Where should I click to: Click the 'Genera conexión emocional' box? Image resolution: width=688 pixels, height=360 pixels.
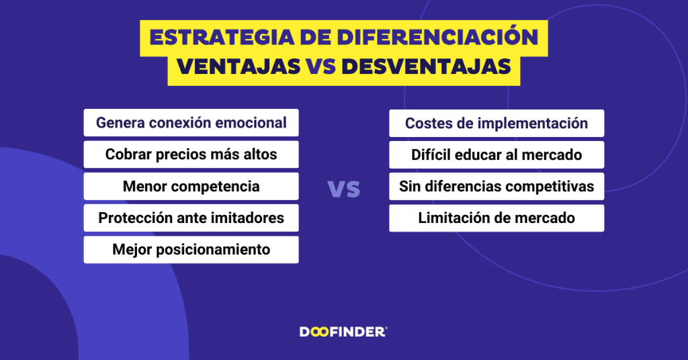click(191, 123)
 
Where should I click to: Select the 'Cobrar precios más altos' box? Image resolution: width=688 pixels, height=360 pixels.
click(191, 154)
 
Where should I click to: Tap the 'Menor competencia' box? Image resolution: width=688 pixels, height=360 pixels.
click(191, 186)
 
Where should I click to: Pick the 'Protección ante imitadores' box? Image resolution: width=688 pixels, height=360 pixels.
click(191, 218)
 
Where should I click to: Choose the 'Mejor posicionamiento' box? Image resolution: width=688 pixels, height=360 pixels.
click(191, 249)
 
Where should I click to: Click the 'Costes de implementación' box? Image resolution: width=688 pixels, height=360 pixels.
click(497, 123)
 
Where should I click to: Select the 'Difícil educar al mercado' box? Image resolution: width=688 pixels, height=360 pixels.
click(497, 154)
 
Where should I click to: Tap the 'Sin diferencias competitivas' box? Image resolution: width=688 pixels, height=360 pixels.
click(497, 186)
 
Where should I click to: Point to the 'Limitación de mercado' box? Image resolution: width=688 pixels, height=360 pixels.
click(497, 218)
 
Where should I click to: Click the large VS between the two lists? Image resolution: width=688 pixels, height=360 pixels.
click(344, 189)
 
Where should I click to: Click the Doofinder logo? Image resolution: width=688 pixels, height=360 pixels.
click(343, 332)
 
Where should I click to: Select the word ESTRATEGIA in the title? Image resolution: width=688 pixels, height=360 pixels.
click(222, 37)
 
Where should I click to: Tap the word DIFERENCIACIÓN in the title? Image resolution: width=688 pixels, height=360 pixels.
click(437, 36)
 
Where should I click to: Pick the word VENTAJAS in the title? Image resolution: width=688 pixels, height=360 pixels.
click(239, 66)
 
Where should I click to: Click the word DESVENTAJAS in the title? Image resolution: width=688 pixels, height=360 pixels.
click(427, 66)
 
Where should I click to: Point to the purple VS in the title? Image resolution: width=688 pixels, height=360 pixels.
click(321, 66)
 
